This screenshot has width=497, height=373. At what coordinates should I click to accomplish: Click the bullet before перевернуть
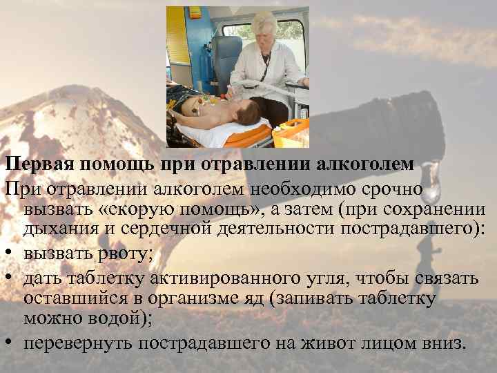(x=10, y=343)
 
